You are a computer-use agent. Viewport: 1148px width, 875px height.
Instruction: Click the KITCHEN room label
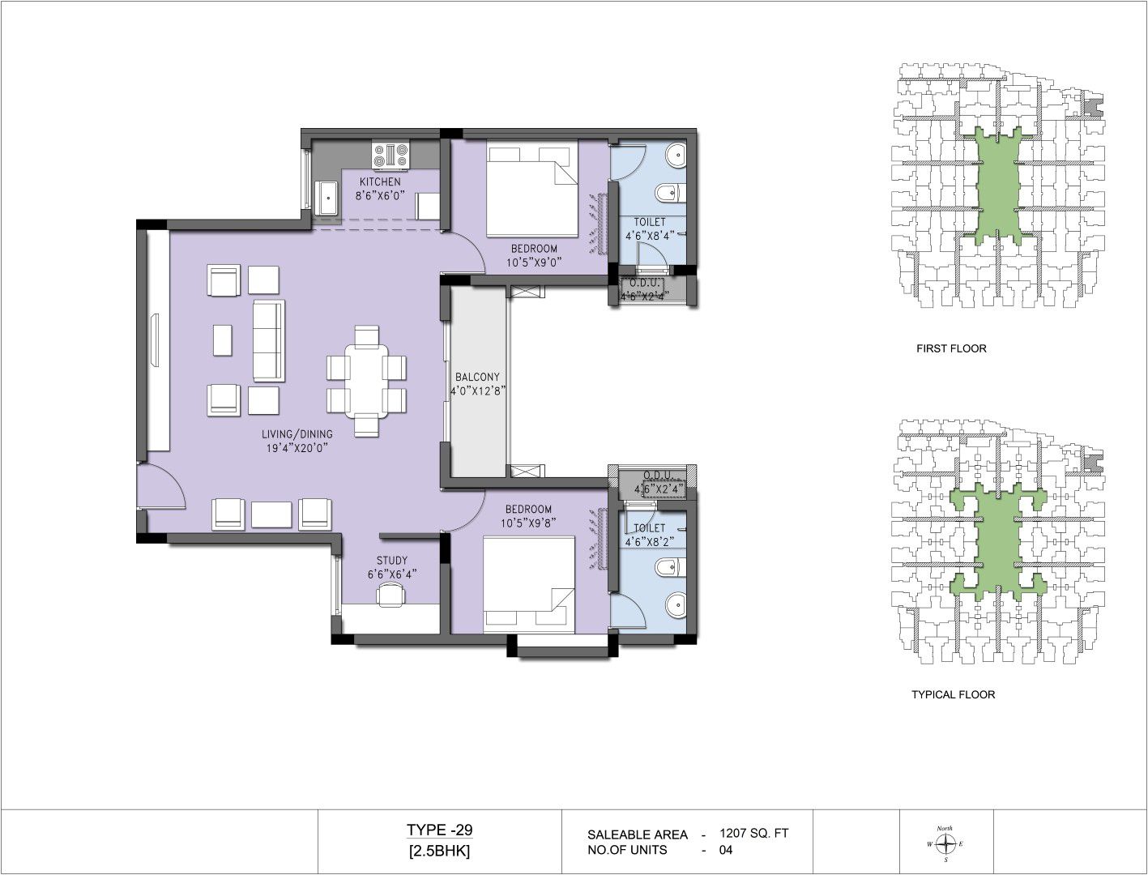pyautogui.click(x=380, y=182)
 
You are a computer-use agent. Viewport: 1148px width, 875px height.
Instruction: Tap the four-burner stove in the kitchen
pyautogui.click(x=390, y=155)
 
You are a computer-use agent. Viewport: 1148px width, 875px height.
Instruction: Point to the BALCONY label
pyautogui.click(x=477, y=377)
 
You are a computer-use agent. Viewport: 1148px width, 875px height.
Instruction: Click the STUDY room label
pyautogui.click(x=392, y=560)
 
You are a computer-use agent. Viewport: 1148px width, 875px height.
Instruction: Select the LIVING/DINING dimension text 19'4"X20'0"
pyautogui.click(x=297, y=448)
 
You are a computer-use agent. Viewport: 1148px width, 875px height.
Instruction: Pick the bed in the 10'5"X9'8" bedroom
pyautogui.click(x=529, y=585)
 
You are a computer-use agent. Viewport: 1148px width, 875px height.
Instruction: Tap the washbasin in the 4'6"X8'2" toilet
pyautogui.click(x=676, y=606)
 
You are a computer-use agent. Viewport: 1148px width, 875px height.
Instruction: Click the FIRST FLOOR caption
pyautogui.click(x=951, y=348)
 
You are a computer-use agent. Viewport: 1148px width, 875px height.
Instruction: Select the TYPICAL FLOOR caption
pyautogui.click(x=954, y=694)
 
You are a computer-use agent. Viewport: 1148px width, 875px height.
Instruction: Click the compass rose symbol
pyautogui.click(x=945, y=843)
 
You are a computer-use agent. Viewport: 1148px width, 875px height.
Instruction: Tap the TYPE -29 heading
pyautogui.click(x=439, y=830)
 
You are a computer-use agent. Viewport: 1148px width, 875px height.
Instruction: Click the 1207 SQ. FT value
pyautogui.click(x=753, y=833)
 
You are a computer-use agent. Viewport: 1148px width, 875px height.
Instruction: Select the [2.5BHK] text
pyautogui.click(x=439, y=852)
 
